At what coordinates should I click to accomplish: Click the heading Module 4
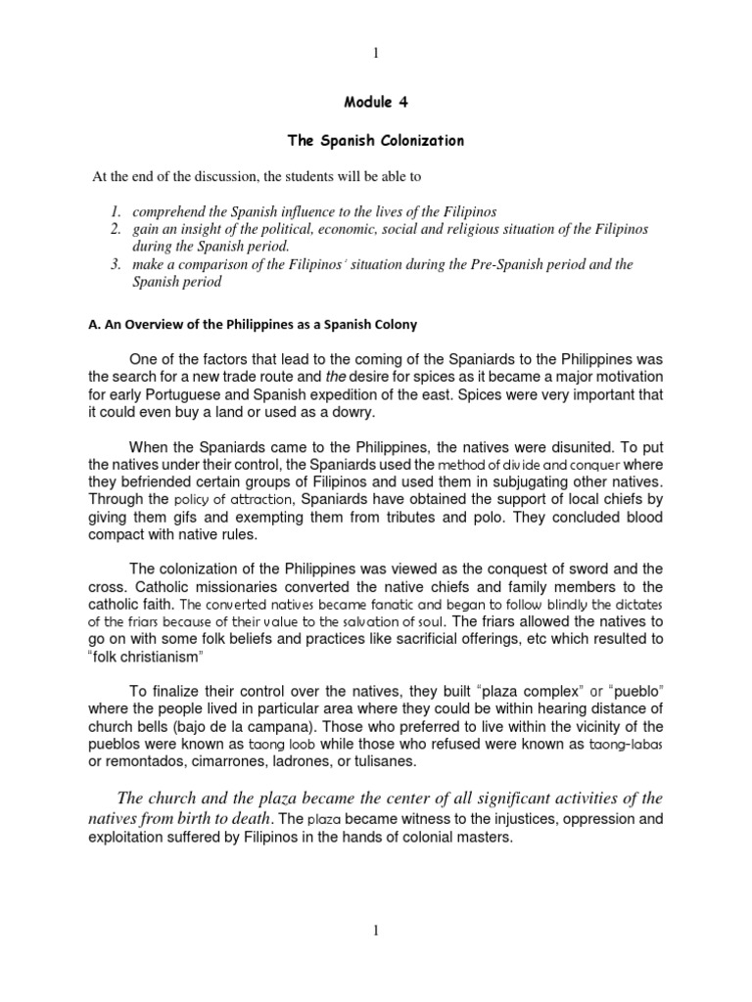pyautogui.click(x=375, y=101)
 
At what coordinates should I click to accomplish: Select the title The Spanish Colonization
pyautogui.click(x=375, y=141)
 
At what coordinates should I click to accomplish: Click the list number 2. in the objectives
pyautogui.click(x=114, y=228)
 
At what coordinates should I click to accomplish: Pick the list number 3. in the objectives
pyautogui.click(x=114, y=263)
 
